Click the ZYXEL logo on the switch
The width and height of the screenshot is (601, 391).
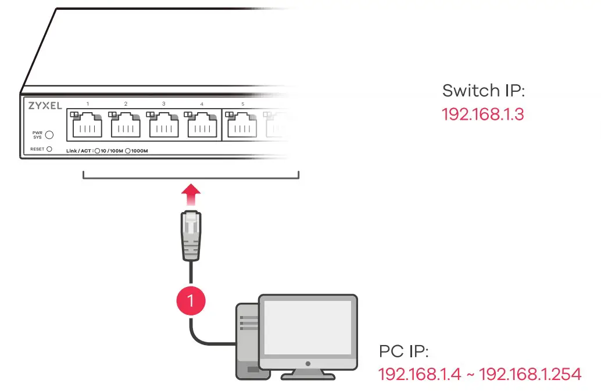45,106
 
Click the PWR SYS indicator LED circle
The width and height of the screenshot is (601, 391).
49,135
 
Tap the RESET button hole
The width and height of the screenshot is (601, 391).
49,149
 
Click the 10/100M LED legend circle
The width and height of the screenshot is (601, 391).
98,152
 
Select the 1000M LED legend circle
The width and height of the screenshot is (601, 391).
127,152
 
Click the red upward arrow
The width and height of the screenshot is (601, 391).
191,195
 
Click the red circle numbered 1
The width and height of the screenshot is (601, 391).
191,300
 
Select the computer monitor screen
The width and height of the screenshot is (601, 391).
307,328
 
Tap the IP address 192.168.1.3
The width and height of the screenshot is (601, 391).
482,114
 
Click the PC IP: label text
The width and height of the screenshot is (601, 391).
403,351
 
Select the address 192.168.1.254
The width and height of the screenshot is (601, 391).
530,374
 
